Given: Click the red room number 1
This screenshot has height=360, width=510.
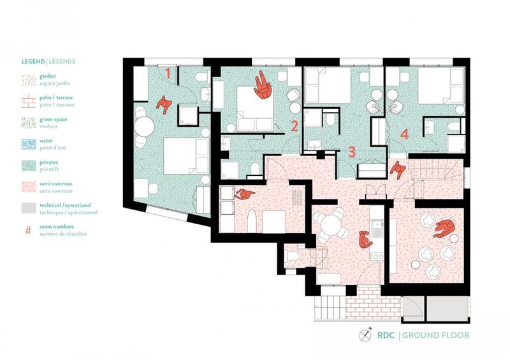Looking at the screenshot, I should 168,73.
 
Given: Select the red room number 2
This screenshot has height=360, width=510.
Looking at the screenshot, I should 294,126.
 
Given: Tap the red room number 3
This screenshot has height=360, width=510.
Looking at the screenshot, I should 352,153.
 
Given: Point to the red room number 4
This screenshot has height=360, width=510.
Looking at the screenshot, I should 404,134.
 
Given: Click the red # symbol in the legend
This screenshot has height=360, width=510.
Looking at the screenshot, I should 28,229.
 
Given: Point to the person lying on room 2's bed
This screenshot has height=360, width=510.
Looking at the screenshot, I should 262,85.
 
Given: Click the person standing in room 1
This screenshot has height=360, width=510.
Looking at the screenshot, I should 164,104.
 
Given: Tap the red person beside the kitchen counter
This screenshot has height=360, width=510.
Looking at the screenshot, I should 365,240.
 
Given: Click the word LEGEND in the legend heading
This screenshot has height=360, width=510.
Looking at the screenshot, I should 33,62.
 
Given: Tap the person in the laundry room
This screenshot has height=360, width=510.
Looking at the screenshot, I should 244,195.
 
